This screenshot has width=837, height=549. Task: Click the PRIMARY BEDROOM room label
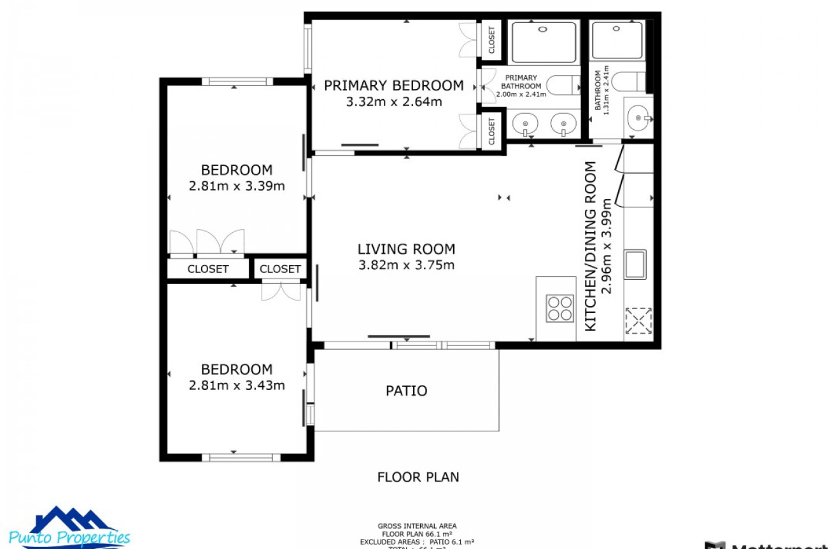(393, 85)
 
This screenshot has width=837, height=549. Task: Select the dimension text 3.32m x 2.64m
(393, 101)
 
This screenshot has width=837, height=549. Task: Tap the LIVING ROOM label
(406, 249)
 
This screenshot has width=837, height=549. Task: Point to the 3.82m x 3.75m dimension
(406, 265)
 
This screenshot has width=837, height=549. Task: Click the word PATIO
(406, 391)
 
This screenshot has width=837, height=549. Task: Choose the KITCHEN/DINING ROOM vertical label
(591, 246)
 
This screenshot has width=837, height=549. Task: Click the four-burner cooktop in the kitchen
(560, 309)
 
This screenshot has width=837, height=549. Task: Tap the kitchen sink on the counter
(635, 264)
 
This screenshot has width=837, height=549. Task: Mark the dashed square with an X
(638, 321)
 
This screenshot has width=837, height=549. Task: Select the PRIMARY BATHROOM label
(521, 82)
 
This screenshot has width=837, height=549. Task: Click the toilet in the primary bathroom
(563, 85)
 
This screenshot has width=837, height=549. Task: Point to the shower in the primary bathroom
(544, 42)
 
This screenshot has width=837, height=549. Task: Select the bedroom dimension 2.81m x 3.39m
(236, 186)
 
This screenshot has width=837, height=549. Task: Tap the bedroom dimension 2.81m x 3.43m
(236, 386)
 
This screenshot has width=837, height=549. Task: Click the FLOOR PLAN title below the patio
(418, 477)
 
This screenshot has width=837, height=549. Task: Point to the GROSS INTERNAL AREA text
(417, 526)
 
